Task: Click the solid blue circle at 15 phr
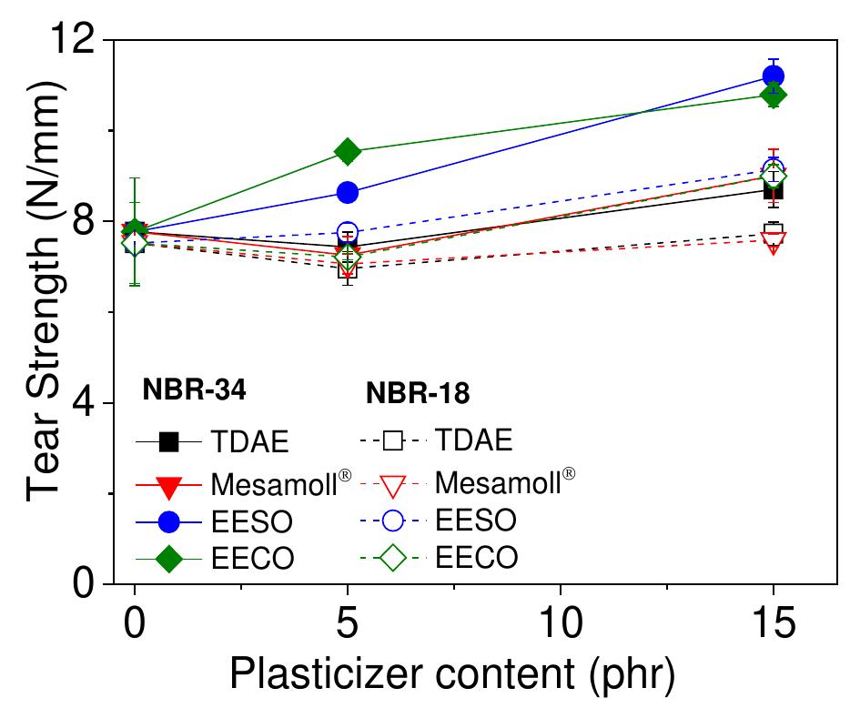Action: [774, 76]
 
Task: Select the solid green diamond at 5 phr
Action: [347, 151]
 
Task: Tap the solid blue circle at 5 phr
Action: [347, 193]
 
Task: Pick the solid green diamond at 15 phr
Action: [774, 95]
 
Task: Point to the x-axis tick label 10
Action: [560, 627]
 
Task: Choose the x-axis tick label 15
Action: [774, 627]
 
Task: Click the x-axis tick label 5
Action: [347, 627]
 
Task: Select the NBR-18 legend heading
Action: [418, 392]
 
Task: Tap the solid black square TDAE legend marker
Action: [168, 442]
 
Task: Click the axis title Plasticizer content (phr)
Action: [452, 675]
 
